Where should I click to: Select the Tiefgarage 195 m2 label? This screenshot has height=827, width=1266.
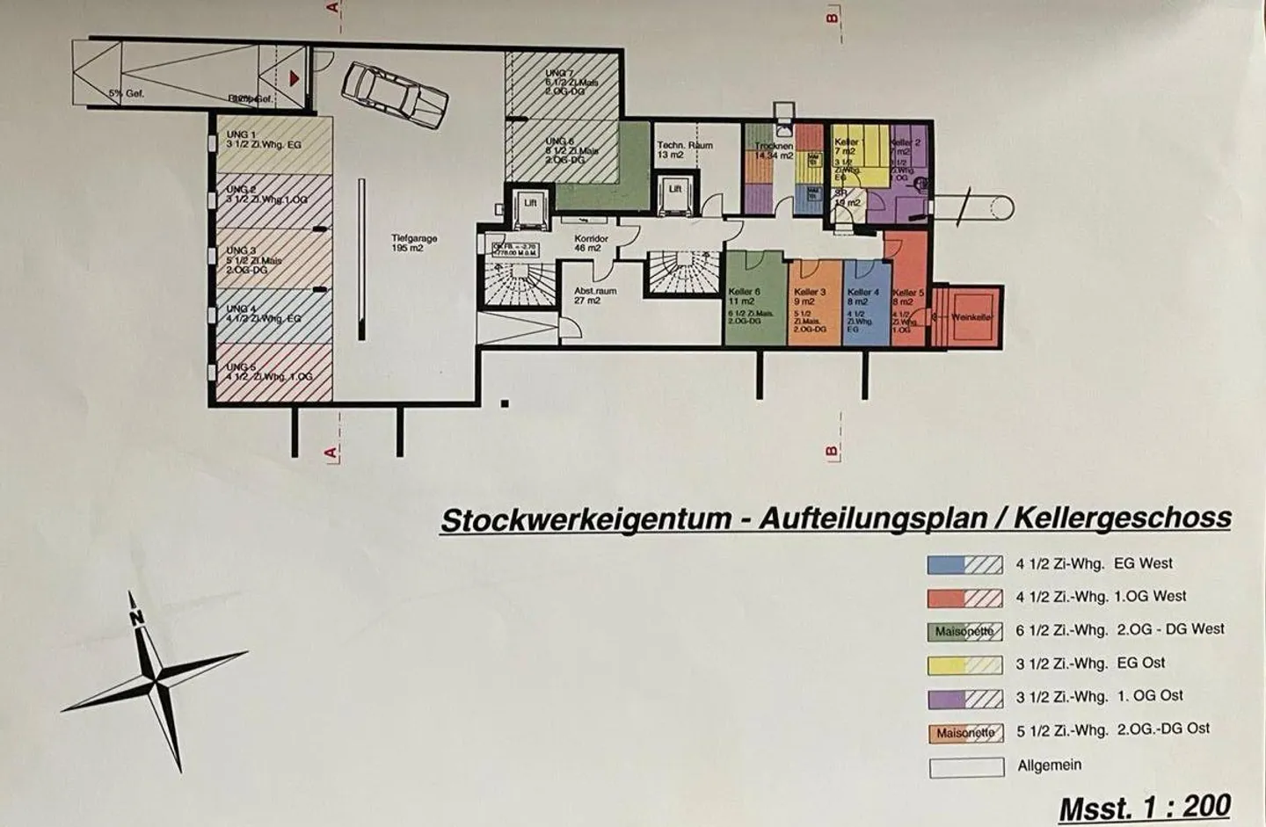[x=414, y=243]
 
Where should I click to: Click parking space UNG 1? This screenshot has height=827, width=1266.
[x=273, y=144]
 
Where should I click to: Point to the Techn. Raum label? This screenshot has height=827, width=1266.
[x=685, y=150]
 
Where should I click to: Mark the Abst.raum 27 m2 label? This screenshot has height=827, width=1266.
[x=594, y=295]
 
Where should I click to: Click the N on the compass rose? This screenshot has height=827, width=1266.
[x=136, y=617]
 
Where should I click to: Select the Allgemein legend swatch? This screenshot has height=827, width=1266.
[x=966, y=766]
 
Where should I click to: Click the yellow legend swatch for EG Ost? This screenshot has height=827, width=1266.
[x=965, y=665]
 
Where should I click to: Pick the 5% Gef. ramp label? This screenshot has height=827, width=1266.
[x=127, y=92]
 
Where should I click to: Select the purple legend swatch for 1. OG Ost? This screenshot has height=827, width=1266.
[x=965, y=699]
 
